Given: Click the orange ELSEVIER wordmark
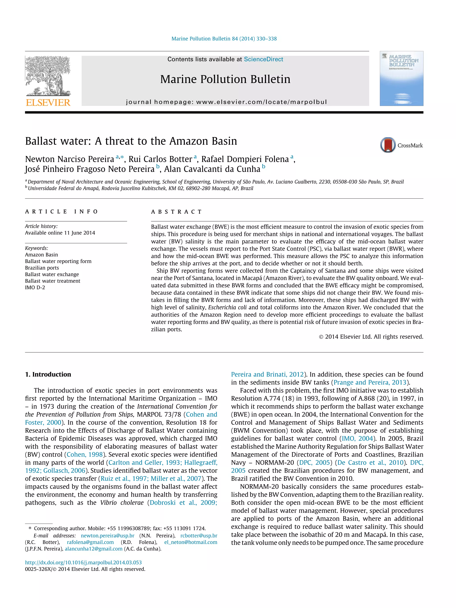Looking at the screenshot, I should pyautogui.click(x=48, y=103).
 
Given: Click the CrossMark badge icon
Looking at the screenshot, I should pyautogui.click(x=388, y=145).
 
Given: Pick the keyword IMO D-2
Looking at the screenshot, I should pyautogui.click(x=35, y=287).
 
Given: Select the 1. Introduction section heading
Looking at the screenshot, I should pyautogui.click(x=48, y=374).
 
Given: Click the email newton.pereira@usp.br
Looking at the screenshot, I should pyautogui.click(x=108, y=536).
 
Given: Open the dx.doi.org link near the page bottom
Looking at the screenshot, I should pyautogui.click(x=83, y=563).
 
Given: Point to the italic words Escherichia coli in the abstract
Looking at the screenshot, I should pyautogui.click(x=227, y=307).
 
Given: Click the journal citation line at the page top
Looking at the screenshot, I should pyautogui.click(x=224, y=39).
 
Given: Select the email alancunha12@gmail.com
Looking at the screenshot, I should pyautogui.click(x=94, y=549).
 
